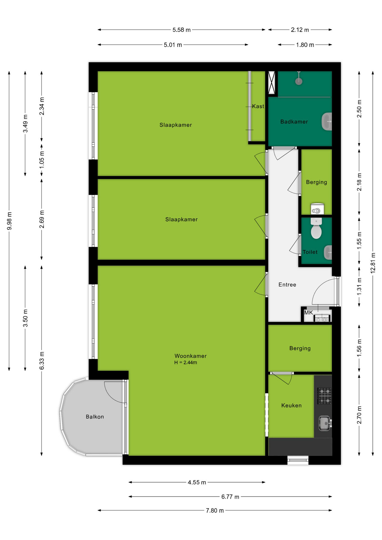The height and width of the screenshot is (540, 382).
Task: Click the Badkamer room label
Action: [294, 122]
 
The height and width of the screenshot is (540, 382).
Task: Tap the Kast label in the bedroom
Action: [258, 106]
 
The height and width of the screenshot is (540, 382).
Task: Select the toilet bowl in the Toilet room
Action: [316, 228]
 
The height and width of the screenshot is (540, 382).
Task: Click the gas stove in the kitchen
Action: [325, 396]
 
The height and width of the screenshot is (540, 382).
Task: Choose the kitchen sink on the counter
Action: [325, 423]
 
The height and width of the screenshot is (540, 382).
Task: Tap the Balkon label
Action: [95, 417]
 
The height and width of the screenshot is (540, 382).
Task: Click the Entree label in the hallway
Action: [287, 285]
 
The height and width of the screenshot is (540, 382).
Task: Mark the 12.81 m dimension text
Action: [373, 263]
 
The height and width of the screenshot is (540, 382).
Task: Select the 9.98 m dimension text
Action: [9, 221]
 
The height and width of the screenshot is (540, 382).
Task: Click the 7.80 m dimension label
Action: [215, 510]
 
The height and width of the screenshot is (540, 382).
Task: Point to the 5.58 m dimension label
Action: [181, 30]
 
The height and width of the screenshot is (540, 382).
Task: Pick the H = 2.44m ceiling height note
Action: [186, 363]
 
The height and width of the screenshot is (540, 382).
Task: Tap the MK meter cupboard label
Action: [308, 312]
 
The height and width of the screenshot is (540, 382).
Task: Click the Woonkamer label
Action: [190, 356]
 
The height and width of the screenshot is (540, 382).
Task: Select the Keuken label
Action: [291, 406]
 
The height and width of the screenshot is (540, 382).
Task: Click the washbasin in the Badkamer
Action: [327, 121]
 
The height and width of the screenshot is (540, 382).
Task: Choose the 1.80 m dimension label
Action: [305, 45]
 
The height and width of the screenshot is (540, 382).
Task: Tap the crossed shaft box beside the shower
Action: [271, 83]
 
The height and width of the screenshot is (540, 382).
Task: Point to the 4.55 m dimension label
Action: [197, 482]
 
